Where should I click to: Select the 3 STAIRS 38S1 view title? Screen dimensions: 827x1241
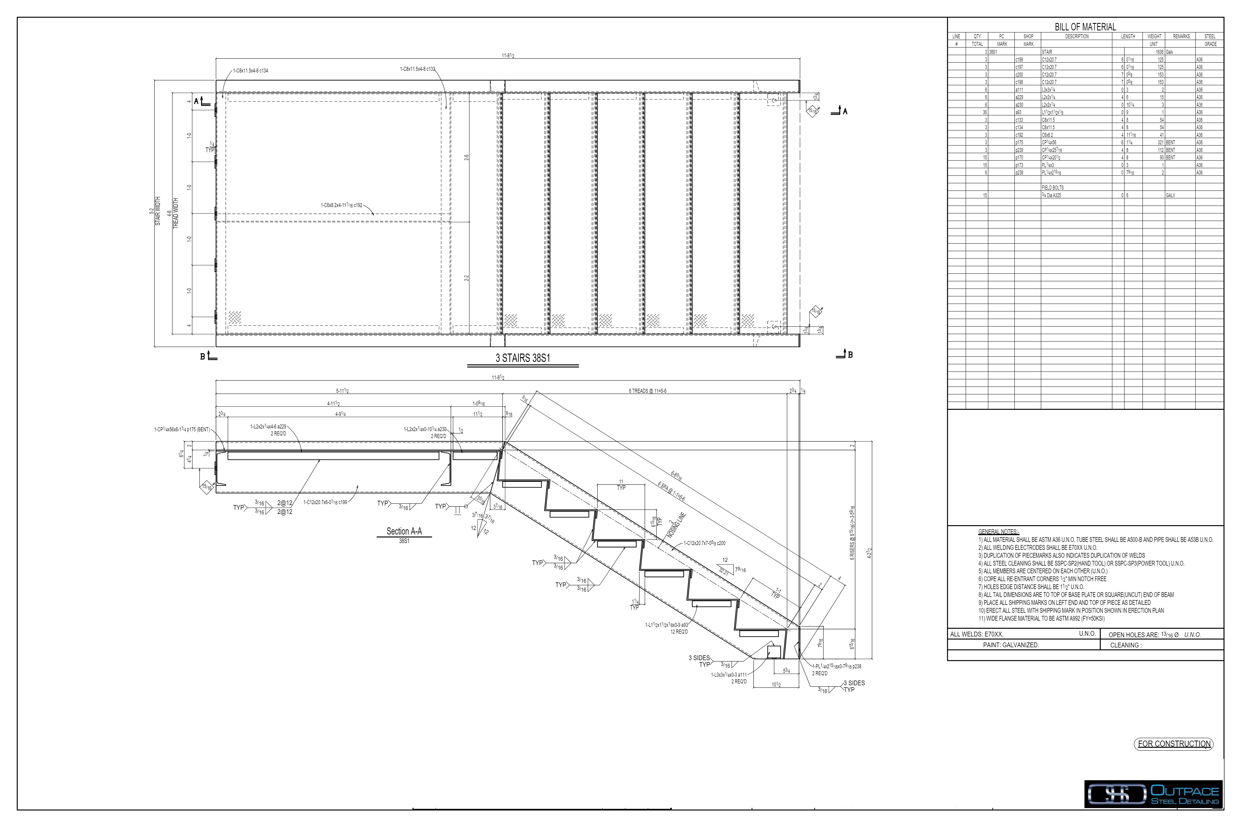click(522, 358)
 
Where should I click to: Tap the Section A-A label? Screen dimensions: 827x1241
click(404, 531)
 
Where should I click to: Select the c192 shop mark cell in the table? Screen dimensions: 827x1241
click(1019, 135)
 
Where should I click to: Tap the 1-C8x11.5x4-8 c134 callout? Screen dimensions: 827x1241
click(251, 71)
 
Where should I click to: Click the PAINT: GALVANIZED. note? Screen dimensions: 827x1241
click(1011, 645)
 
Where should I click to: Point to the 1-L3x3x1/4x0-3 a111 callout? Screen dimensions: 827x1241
click(729, 675)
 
